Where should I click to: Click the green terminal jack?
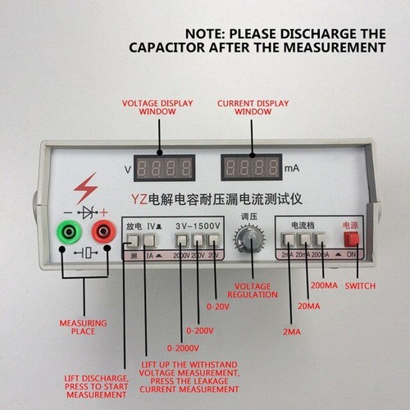click(x=66, y=233)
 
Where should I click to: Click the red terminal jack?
click(x=103, y=233)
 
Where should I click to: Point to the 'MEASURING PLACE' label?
click(x=77, y=326)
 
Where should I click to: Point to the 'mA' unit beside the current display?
click(x=292, y=170)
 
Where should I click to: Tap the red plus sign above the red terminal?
click(x=104, y=212)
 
